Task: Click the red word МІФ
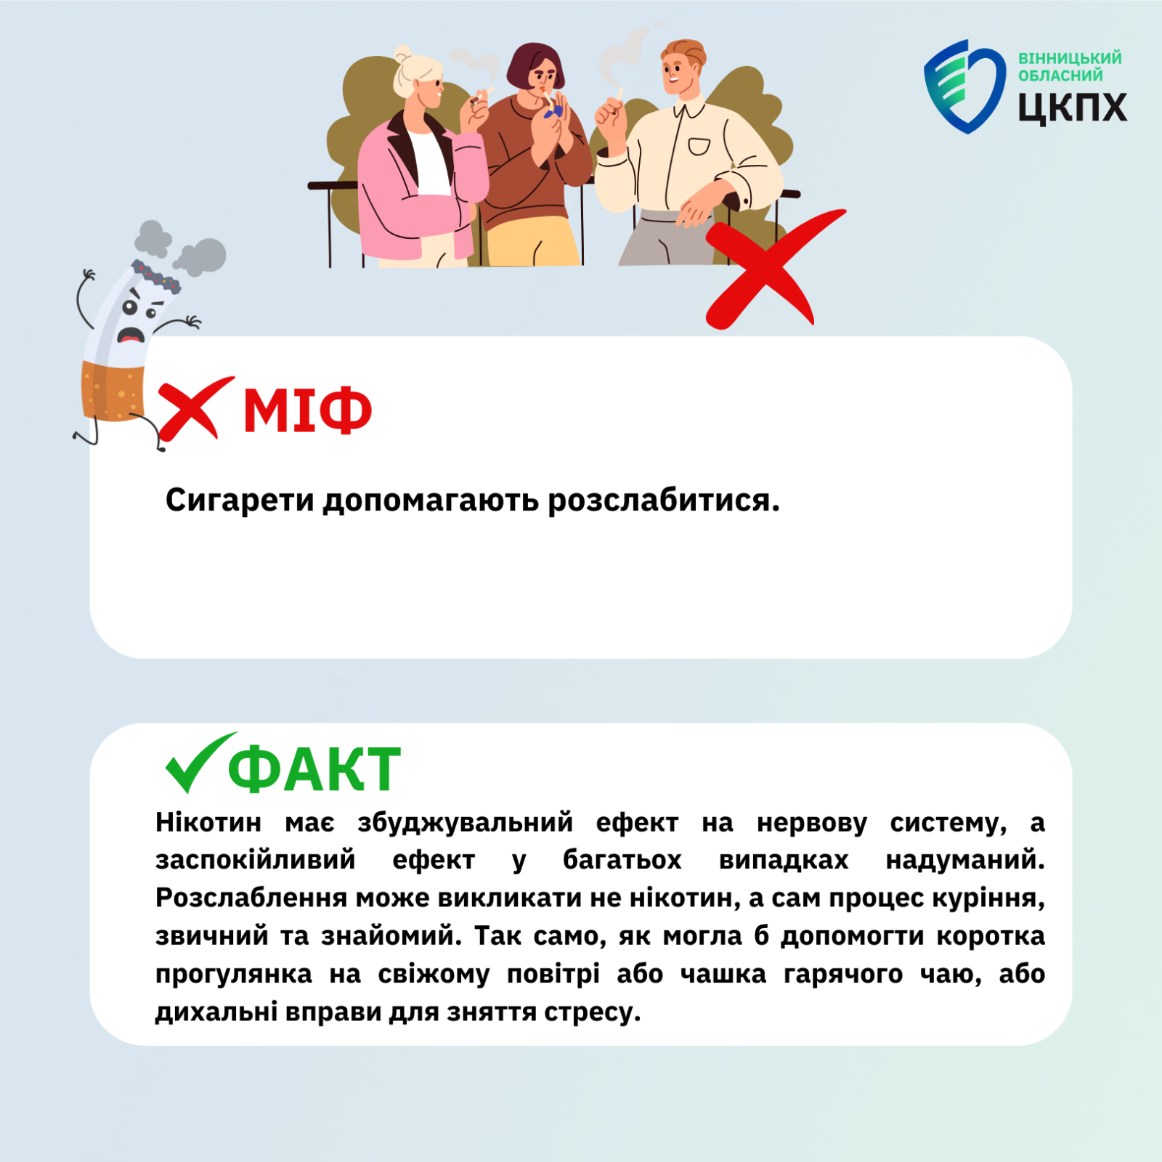point(307,410)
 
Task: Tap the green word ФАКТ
point(314,769)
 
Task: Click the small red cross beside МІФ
point(195,410)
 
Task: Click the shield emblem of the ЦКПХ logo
point(964,86)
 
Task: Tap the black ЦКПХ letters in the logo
point(1072,107)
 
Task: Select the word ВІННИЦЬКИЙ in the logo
point(1069,58)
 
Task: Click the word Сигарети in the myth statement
point(240,501)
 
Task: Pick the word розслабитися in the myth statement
point(663,501)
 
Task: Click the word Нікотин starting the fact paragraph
point(208,823)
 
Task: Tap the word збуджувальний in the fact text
point(465,824)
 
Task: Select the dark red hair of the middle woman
point(535,62)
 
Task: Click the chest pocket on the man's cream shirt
point(699,147)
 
